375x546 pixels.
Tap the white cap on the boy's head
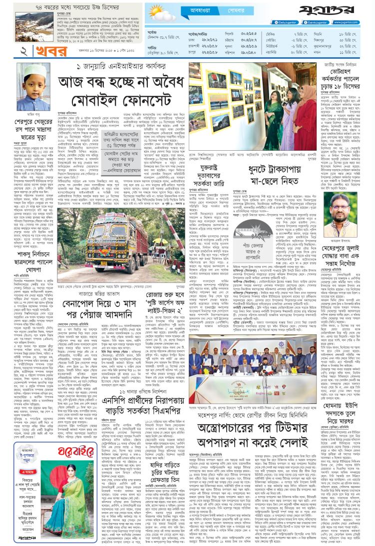(31, 68)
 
